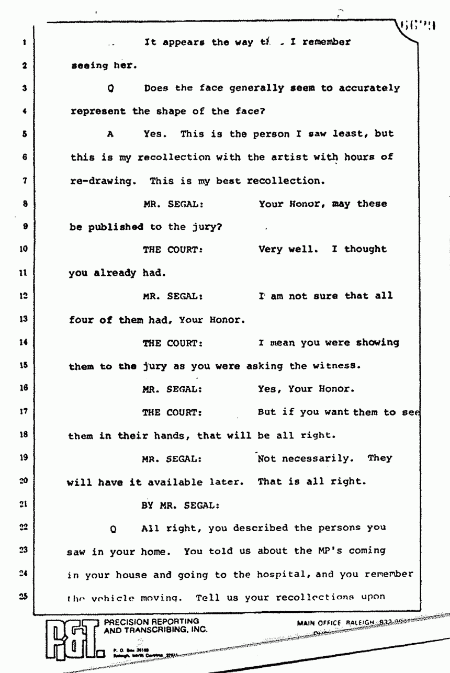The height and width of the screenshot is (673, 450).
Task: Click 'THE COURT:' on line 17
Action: pos(172,412)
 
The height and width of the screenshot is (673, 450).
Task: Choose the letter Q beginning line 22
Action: pos(113,529)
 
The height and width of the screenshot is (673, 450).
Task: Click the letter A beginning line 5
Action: pos(110,134)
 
